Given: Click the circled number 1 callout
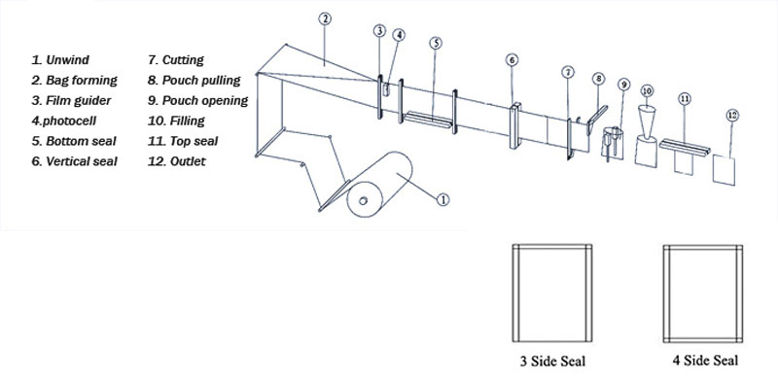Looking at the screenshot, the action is click(442, 200).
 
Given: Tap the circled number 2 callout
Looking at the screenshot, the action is click(325, 19).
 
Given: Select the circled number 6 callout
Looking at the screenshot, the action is click(513, 60).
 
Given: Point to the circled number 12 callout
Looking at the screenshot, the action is click(732, 116).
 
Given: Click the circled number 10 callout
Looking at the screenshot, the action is click(647, 90).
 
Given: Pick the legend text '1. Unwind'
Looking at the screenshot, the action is click(60, 60).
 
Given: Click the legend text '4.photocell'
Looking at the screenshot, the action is click(63, 121).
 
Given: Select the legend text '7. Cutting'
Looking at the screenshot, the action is click(176, 60).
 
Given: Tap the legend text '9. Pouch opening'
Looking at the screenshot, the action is click(197, 100).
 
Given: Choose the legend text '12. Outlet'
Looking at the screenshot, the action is click(177, 161).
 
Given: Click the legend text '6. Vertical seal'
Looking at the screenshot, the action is click(75, 161).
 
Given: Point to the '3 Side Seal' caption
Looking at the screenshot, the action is click(552, 361).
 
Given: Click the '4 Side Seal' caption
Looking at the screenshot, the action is click(705, 360).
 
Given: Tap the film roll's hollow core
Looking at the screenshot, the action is click(363, 201).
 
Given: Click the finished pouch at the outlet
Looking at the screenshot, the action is click(724, 170).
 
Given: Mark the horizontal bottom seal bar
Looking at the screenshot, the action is click(428, 121).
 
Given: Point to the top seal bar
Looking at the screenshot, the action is click(686, 147).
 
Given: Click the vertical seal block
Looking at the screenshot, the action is click(515, 125).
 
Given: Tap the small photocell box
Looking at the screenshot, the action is click(386, 88).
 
